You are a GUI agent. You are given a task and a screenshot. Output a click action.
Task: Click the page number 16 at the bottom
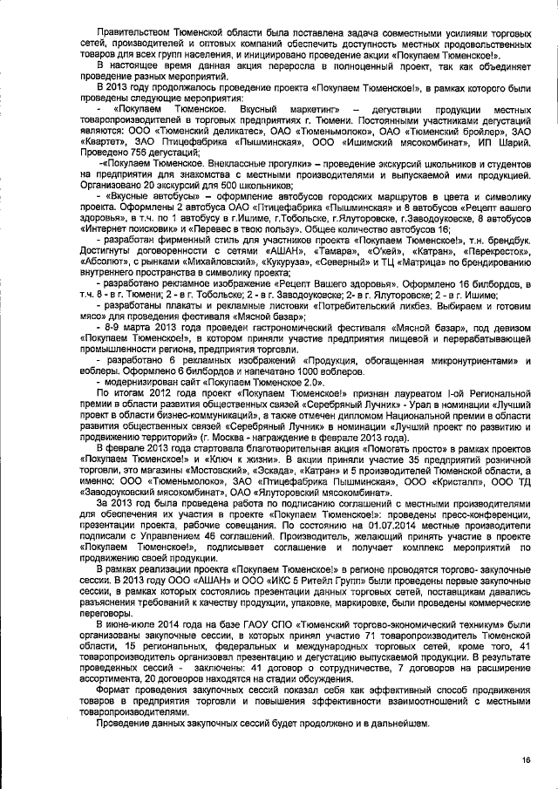(527, 760)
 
